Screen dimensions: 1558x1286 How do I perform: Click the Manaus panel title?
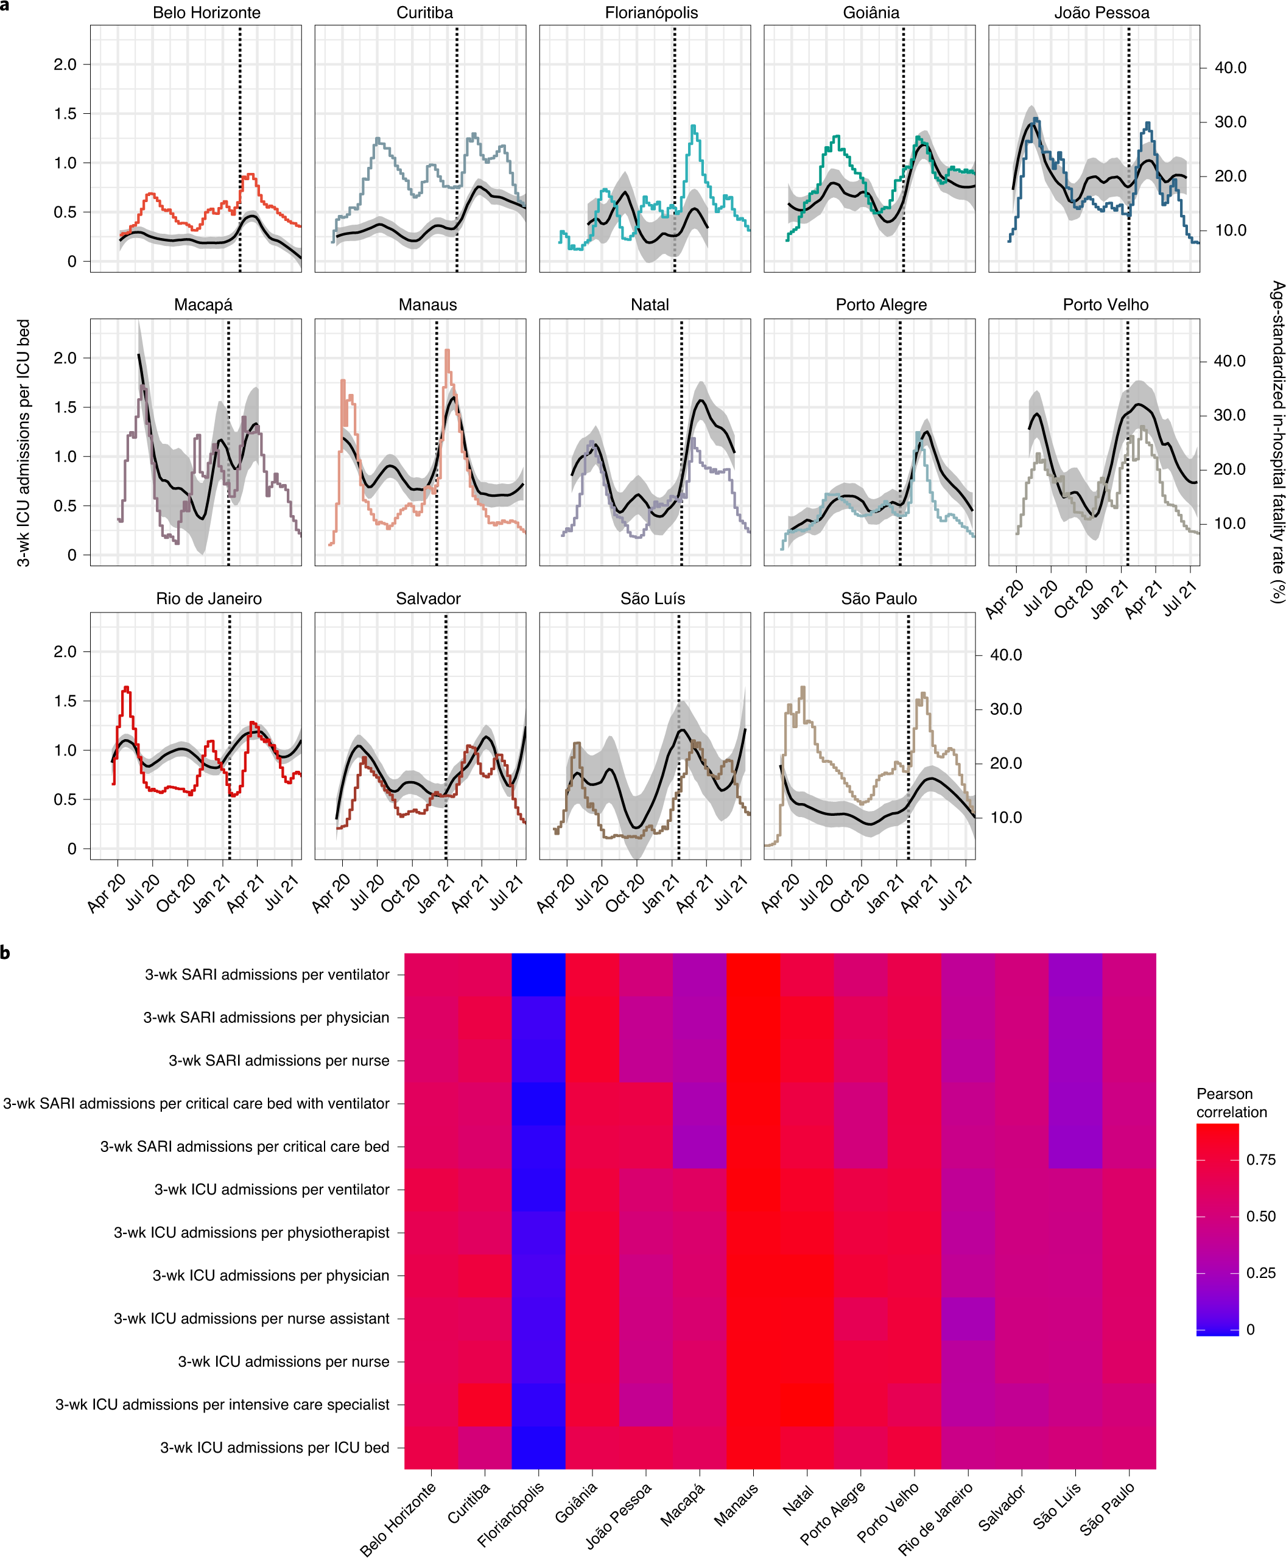427,304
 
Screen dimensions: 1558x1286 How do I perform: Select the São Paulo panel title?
879,598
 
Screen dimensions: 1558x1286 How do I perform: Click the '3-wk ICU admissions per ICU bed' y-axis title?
24,443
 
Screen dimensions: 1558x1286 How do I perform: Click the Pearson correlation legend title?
1231,1103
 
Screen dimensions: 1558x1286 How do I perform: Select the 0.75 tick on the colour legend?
1260,1160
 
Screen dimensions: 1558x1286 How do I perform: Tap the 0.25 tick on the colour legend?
1260,1273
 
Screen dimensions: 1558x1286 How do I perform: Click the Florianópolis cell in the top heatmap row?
538,975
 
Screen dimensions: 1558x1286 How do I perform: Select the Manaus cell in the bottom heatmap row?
753,1447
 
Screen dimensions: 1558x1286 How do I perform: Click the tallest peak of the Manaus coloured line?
448,351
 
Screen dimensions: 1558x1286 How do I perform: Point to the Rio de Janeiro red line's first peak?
127,688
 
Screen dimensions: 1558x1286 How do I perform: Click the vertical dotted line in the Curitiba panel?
457,148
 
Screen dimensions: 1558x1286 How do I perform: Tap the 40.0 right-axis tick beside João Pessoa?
1230,68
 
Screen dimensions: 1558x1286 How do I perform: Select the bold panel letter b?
6,953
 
